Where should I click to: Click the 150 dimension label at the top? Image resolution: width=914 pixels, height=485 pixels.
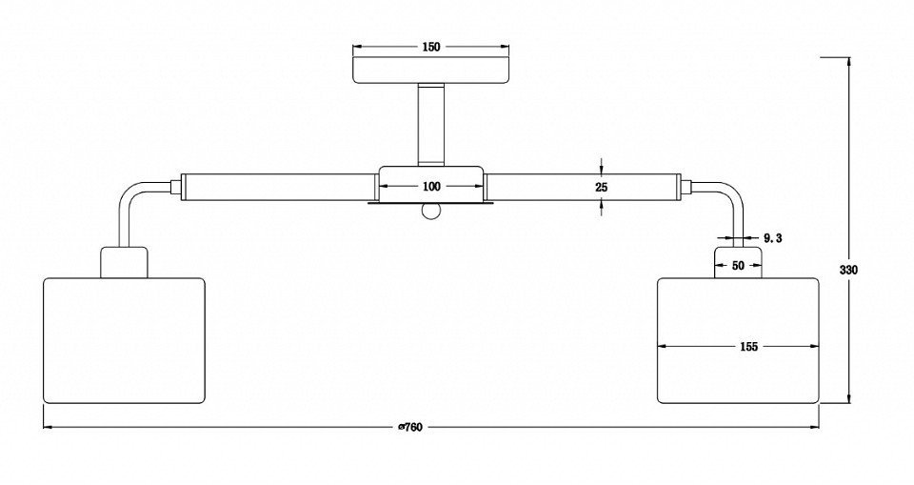430,48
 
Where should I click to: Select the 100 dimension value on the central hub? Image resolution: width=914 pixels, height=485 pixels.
431,187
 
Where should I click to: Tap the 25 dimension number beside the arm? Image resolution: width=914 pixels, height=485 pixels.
602,188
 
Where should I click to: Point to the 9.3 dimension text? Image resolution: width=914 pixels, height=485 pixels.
772,238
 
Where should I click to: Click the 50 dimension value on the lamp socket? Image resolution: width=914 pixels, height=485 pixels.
738,266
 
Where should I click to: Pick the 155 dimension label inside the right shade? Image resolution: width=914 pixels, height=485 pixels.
748,347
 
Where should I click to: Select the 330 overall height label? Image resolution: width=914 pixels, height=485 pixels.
848,271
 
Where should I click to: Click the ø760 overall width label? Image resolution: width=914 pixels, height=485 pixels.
409,427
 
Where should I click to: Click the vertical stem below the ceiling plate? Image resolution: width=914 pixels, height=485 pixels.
431,124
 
